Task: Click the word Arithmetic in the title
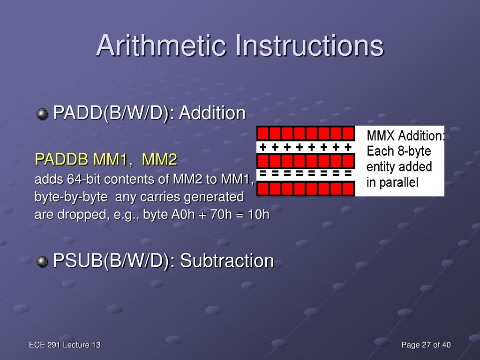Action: [161, 45]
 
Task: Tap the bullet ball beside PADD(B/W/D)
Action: [42, 114]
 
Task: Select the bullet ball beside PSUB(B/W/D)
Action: [42, 262]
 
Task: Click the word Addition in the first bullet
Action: [212, 112]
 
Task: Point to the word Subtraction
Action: [227, 261]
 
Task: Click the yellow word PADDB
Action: [61, 159]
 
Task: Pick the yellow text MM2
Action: [159, 159]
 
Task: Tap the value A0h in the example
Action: [183, 214]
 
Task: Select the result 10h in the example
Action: [258, 214]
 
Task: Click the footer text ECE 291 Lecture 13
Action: [65, 345]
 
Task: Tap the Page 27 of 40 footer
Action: [426, 345]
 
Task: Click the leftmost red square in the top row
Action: [263, 134]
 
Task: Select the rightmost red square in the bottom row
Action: [348, 188]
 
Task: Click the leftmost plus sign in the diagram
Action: [262, 148]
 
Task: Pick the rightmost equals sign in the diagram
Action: [348, 173]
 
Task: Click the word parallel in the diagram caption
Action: [398, 182]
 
